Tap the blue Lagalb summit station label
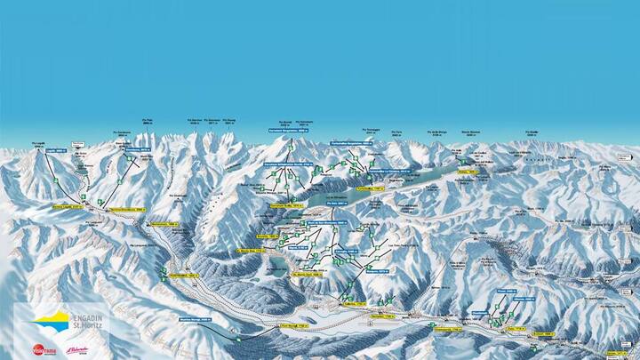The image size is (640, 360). coord(57,151)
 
